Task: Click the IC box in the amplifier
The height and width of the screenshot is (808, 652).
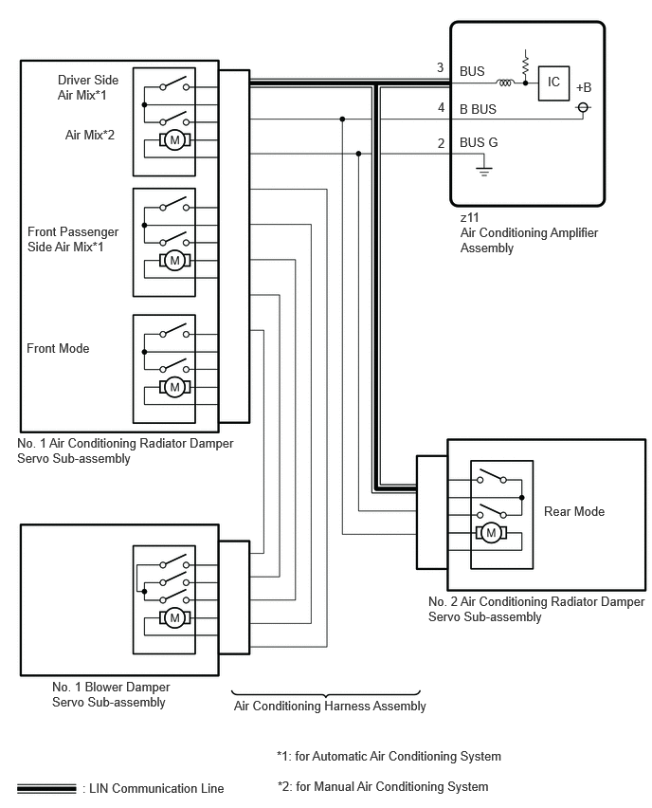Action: point(553,83)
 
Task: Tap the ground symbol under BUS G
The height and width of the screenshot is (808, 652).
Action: point(483,171)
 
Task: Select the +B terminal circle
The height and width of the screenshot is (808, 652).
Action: point(583,107)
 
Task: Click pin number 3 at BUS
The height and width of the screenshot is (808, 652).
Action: point(441,67)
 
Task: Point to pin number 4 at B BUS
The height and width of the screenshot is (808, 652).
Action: point(441,108)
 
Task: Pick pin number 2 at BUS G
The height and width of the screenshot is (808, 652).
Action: point(441,143)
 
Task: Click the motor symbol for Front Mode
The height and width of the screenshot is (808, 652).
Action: point(174,387)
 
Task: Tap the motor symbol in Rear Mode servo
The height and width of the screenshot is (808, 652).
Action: point(491,533)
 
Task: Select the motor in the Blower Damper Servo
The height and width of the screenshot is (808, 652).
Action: point(174,617)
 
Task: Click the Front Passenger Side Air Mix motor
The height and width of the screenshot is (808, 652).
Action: point(174,260)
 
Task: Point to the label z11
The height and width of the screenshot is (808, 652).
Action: point(469,217)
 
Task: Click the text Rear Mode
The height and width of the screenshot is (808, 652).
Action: point(574,512)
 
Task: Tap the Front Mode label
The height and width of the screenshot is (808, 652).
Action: point(58,348)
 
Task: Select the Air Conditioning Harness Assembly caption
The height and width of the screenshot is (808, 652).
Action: point(330,706)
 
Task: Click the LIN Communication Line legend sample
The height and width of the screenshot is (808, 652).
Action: point(46,789)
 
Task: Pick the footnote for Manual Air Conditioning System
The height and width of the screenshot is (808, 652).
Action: point(383,787)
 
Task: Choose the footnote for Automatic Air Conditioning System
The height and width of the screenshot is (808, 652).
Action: point(389,757)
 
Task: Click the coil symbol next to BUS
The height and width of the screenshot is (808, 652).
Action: point(505,83)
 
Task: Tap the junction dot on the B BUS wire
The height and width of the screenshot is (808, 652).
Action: point(342,119)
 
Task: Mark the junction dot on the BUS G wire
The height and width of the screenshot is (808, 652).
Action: point(358,154)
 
